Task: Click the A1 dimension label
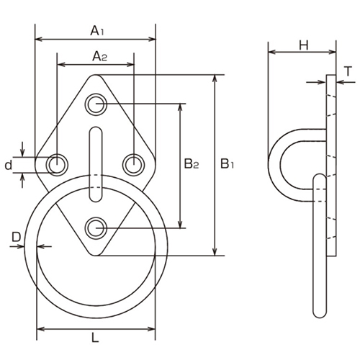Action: (x=96, y=31)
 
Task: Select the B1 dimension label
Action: (x=227, y=164)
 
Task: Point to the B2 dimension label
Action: (x=191, y=164)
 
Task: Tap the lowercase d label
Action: (x=8, y=165)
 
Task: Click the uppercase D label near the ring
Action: (x=15, y=235)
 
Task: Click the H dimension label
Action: (x=302, y=45)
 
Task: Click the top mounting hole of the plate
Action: (x=96, y=105)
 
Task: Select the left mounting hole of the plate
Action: (x=56, y=165)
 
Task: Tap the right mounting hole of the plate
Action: (x=132, y=165)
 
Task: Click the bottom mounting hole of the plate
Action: (x=96, y=229)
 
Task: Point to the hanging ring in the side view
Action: (x=319, y=245)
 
